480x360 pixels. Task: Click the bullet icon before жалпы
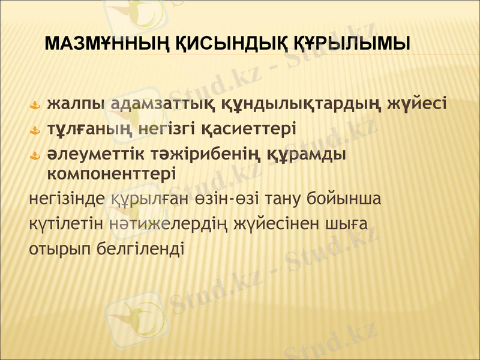[x=35, y=106]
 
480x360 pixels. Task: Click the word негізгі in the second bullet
[x=174, y=129]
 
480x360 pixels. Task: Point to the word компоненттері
[x=111, y=173]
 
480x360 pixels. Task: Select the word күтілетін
[x=67, y=223]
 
